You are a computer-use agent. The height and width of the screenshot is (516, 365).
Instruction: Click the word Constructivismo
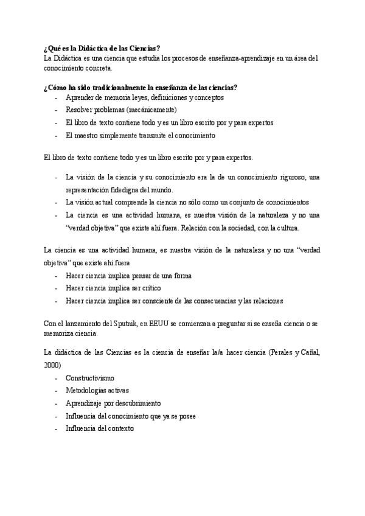pos(89,378)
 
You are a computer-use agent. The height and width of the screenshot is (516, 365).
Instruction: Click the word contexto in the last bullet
pos(119,428)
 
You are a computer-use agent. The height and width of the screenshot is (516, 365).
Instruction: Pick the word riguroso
pos(287,176)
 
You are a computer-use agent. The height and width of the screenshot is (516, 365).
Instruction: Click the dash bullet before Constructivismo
pos(57,378)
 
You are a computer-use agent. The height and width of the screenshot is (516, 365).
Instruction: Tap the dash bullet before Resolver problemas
pos(57,110)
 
